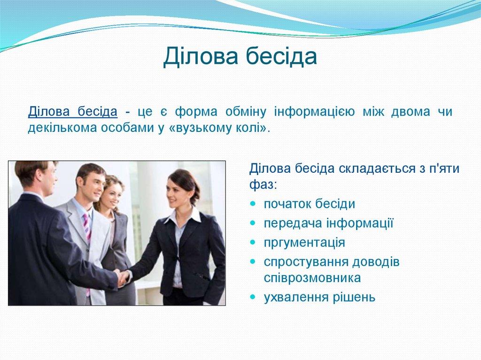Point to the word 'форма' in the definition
click(196, 112)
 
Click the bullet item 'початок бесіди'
click(309, 204)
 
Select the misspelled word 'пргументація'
click(304, 243)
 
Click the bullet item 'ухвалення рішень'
click(319, 297)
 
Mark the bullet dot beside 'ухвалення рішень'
click(253, 297)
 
